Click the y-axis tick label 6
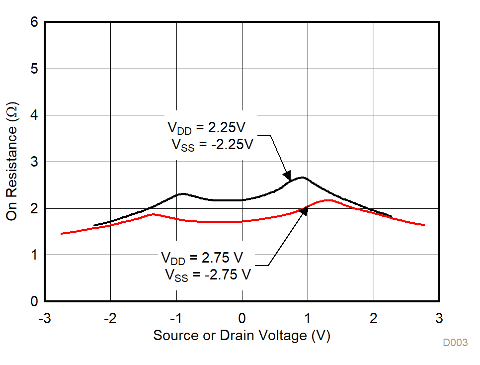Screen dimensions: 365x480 tap(33, 23)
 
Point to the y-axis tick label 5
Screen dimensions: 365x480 tap(33, 69)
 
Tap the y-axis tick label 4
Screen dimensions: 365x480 tap(33, 115)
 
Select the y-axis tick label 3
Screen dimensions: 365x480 tap(33, 162)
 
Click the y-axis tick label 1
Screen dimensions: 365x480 tap(33, 255)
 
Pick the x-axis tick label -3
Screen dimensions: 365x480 tap(44, 318)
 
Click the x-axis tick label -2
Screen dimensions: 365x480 tap(110, 318)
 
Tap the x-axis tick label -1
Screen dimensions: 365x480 tap(175, 318)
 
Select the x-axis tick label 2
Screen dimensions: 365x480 tap(373, 318)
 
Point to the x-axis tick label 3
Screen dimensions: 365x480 tap(439, 318)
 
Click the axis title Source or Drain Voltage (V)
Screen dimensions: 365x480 tap(241, 336)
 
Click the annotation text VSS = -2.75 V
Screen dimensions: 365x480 tap(208, 274)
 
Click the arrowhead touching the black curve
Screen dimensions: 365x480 tap(287, 176)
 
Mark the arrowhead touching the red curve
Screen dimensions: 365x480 tap(304, 210)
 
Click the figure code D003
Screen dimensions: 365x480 tap(455, 343)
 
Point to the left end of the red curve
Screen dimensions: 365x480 tap(62, 233)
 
